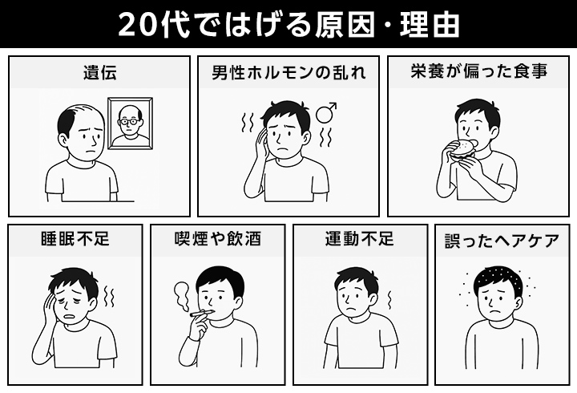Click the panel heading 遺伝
tap(99, 72)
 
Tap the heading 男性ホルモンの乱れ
tap(288, 72)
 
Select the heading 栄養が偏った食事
tap(478, 71)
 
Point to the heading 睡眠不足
tap(75, 239)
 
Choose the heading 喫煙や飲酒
tap(218, 239)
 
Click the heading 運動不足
tap(359, 239)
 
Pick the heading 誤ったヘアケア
tap(502, 241)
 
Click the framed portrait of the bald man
tap(131, 124)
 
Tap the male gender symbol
tap(325, 112)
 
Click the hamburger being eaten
tap(462, 150)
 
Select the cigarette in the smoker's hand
tap(202, 313)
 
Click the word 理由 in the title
tap(430, 25)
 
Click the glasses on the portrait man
tap(130, 121)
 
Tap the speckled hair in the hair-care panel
tap(497, 277)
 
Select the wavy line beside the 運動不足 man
tap(389, 300)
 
